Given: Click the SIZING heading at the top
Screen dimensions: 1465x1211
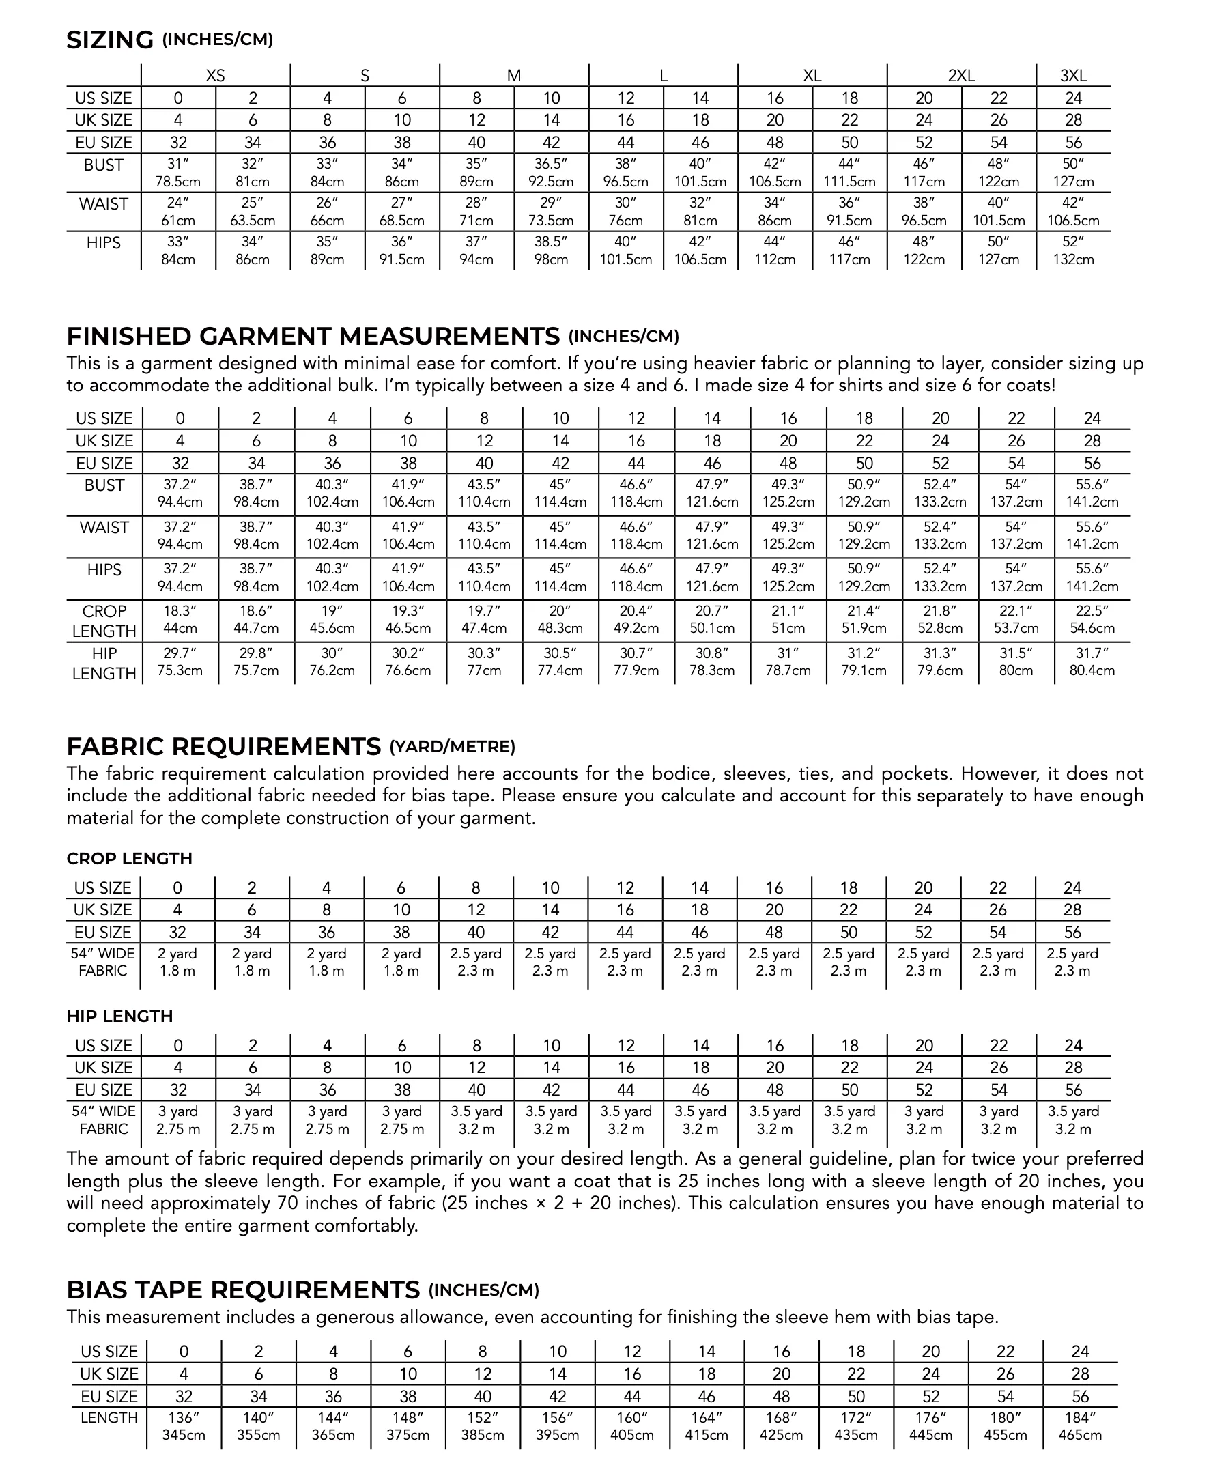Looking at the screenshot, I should tap(109, 40).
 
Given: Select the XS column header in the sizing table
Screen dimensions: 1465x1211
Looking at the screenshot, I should tap(216, 76).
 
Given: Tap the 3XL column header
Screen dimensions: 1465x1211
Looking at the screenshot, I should tap(1074, 76).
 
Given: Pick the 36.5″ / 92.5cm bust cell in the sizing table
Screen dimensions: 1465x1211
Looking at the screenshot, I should tap(551, 173).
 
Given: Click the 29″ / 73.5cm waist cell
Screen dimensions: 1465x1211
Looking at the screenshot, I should tap(551, 212).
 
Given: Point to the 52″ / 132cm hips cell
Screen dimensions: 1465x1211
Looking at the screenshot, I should tap(1073, 251).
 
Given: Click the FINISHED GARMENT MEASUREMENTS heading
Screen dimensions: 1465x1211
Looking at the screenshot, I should tap(313, 337).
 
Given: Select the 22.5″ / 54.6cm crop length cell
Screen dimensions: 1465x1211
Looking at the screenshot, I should tap(1092, 619).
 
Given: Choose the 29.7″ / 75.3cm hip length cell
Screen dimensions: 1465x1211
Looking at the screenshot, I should tap(180, 662).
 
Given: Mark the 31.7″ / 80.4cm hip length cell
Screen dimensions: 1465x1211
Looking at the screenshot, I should tap(1092, 662).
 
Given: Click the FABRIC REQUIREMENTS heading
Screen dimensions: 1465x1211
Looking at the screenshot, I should tap(223, 746).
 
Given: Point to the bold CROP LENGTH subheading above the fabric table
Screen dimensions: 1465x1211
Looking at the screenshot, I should tap(129, 859).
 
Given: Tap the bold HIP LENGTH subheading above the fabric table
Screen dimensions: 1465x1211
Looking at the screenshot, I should tap(119, 1016).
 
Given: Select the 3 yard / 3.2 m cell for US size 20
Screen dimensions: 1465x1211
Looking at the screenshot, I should tap(924, 1120).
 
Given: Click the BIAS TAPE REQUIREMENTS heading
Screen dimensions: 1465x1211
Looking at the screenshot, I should tap(243, 1290).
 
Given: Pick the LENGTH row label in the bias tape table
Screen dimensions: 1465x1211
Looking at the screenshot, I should tap(109, 1418).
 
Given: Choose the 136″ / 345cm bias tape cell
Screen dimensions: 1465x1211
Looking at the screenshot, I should tap(184, 1427).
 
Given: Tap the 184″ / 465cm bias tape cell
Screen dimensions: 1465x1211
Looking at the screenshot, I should tap(1080, 1427).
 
